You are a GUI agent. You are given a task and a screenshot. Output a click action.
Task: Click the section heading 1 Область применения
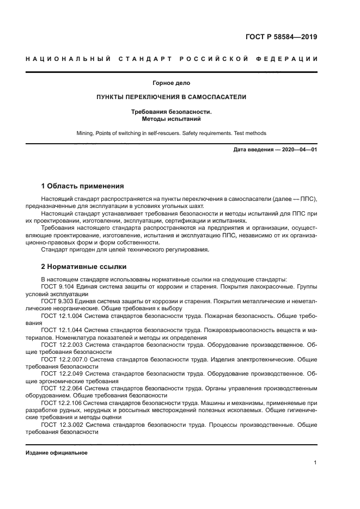coord(83,186)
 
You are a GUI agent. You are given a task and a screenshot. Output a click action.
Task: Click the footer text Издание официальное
coord(57,453)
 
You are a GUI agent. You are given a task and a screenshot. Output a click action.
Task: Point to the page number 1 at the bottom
coord(315,463)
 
